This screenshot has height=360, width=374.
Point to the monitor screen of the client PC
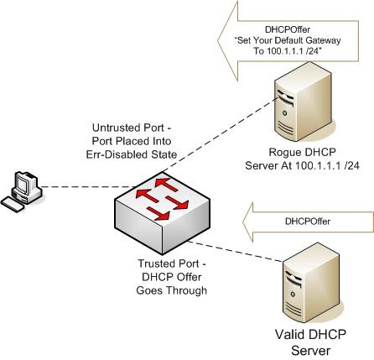(x=23, y=180)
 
